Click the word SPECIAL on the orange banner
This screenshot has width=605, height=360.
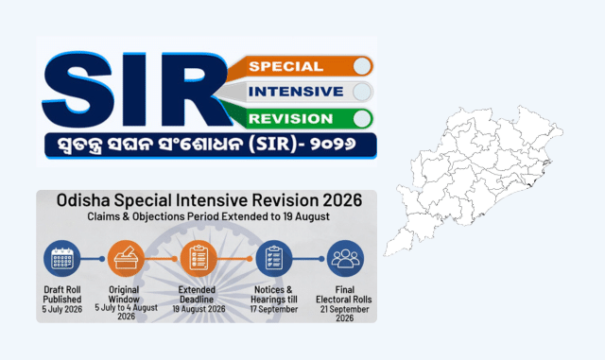[x=285, y=66]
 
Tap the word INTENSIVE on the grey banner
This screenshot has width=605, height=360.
[x=296, y=92]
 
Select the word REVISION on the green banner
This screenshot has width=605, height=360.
[x=290, y=118]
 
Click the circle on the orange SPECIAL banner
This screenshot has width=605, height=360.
[x=362, y=66]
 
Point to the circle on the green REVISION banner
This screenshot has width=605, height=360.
[x=362, y=118]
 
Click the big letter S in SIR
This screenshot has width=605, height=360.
[x=78, y=89]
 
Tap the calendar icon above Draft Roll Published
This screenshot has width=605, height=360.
[x=61, y=259]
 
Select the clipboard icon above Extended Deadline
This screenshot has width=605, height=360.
[x=199, y=259]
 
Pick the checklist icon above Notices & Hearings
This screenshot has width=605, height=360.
[x=273, y=259]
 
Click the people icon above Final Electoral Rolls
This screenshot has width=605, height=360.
[x=345, y=259]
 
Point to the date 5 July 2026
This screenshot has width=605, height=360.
[x=62, y=309]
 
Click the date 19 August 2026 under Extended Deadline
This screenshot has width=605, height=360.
[x=199, y=309]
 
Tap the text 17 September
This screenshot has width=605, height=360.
[x=274, y=309]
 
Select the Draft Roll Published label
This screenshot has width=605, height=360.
[x=62, y=295]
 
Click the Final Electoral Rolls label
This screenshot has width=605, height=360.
[x=344, y=295]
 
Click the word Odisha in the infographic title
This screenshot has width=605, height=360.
[x=83, y=200]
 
